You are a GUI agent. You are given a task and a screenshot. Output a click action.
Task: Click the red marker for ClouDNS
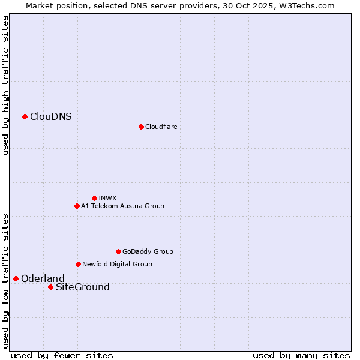[x=25, y=116]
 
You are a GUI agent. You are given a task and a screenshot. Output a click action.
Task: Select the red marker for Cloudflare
[x=141, y=127]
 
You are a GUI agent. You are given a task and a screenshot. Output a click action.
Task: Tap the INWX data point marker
[x=94, y=198]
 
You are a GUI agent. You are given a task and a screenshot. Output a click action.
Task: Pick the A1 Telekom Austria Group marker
[x=77, y=206]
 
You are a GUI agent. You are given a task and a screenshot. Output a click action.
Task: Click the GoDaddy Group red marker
[x=118, y=251]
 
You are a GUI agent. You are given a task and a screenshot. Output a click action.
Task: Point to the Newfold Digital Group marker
[x=78, y=264]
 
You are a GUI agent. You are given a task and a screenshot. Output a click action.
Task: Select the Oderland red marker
[x=16, y=278]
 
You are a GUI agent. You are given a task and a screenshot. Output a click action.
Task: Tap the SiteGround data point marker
[x=50, y=287]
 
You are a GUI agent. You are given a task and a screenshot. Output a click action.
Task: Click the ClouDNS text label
[x=51, y=116]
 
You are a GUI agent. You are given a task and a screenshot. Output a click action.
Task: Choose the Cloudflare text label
[x=161, y=127]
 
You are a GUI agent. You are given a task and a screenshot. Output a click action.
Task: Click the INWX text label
[x=107, y=198]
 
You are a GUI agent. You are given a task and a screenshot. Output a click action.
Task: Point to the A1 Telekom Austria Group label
[x=122, y=206]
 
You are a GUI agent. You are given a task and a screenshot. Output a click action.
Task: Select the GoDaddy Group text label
[x=148, y=251]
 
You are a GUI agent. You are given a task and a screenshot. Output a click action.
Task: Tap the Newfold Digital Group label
[x=117, y=264]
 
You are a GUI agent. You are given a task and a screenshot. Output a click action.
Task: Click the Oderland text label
[x=43, y=278]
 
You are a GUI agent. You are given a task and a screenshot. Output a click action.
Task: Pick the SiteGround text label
[x=83, y=287]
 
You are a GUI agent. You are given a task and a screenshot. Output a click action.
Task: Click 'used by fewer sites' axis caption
[x=62, y=355]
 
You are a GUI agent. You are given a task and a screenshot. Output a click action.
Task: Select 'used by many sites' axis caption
[x=301, y=355]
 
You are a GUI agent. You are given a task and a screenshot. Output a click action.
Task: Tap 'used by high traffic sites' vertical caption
[x=5, y=85]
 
